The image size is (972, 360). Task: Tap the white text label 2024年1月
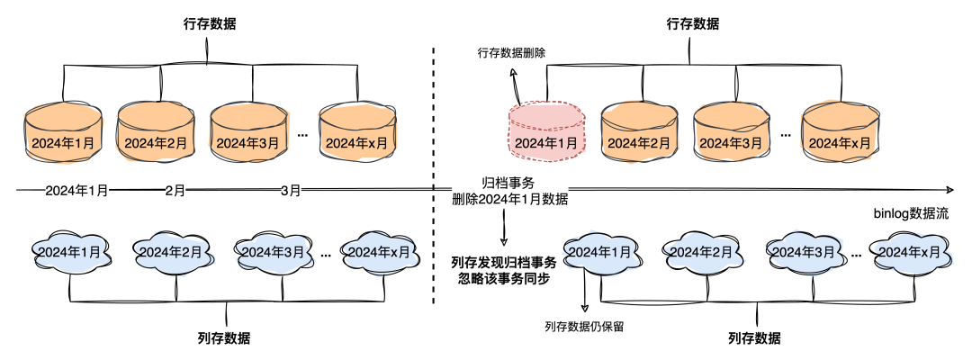(x=77, y=191)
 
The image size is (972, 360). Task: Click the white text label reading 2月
(x=175, y=191)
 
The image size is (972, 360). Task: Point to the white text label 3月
(x=291, y=191)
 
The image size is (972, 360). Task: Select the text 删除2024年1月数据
(x=509, y=199)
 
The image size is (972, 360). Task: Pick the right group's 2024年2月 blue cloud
(x=702, y=252)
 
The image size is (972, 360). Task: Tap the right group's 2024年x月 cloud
(x=912, y=252)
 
